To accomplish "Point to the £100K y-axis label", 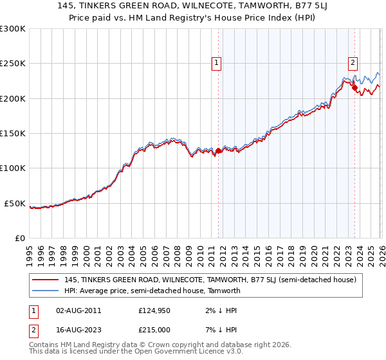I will (x=13, y=168).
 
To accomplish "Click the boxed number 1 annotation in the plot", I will (x=216, y=62).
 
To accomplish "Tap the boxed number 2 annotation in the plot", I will (x=353, y=62).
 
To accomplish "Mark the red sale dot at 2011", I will (x=219, y=151).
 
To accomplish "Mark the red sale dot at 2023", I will (x=354, y=88).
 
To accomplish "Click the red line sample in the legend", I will (x=46, y=280).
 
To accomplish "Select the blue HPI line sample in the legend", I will (x=46, y=291).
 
